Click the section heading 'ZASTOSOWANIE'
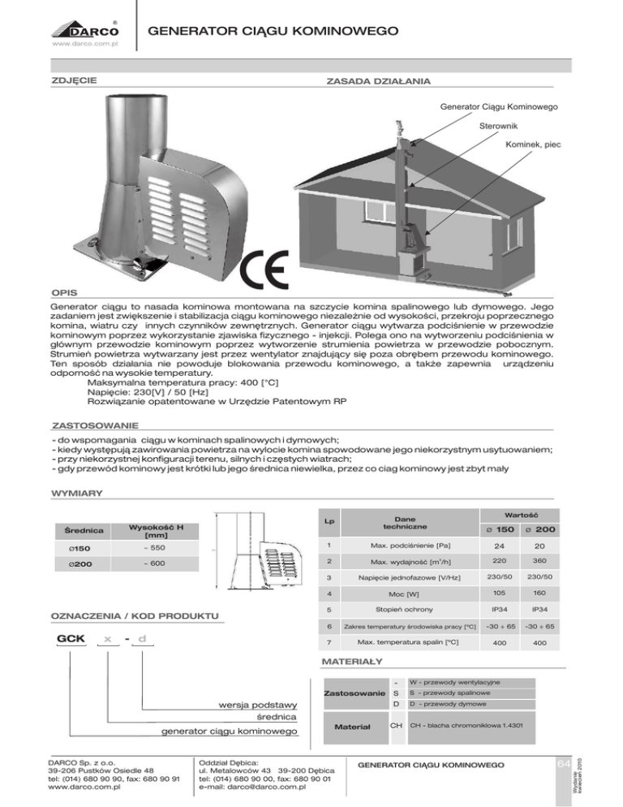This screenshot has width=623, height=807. click(94, 425)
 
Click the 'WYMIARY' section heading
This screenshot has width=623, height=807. click(75, 492)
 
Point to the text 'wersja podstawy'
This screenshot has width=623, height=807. click(260, 703)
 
